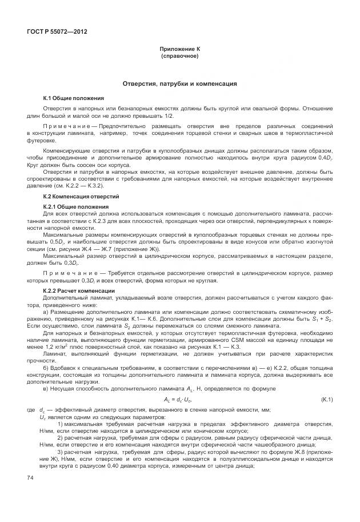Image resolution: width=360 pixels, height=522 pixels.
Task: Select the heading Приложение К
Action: click(180, 50)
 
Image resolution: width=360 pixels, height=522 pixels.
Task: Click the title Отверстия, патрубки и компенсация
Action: click(180, 83)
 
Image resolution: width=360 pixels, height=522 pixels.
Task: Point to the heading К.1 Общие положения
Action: click(66, 98)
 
